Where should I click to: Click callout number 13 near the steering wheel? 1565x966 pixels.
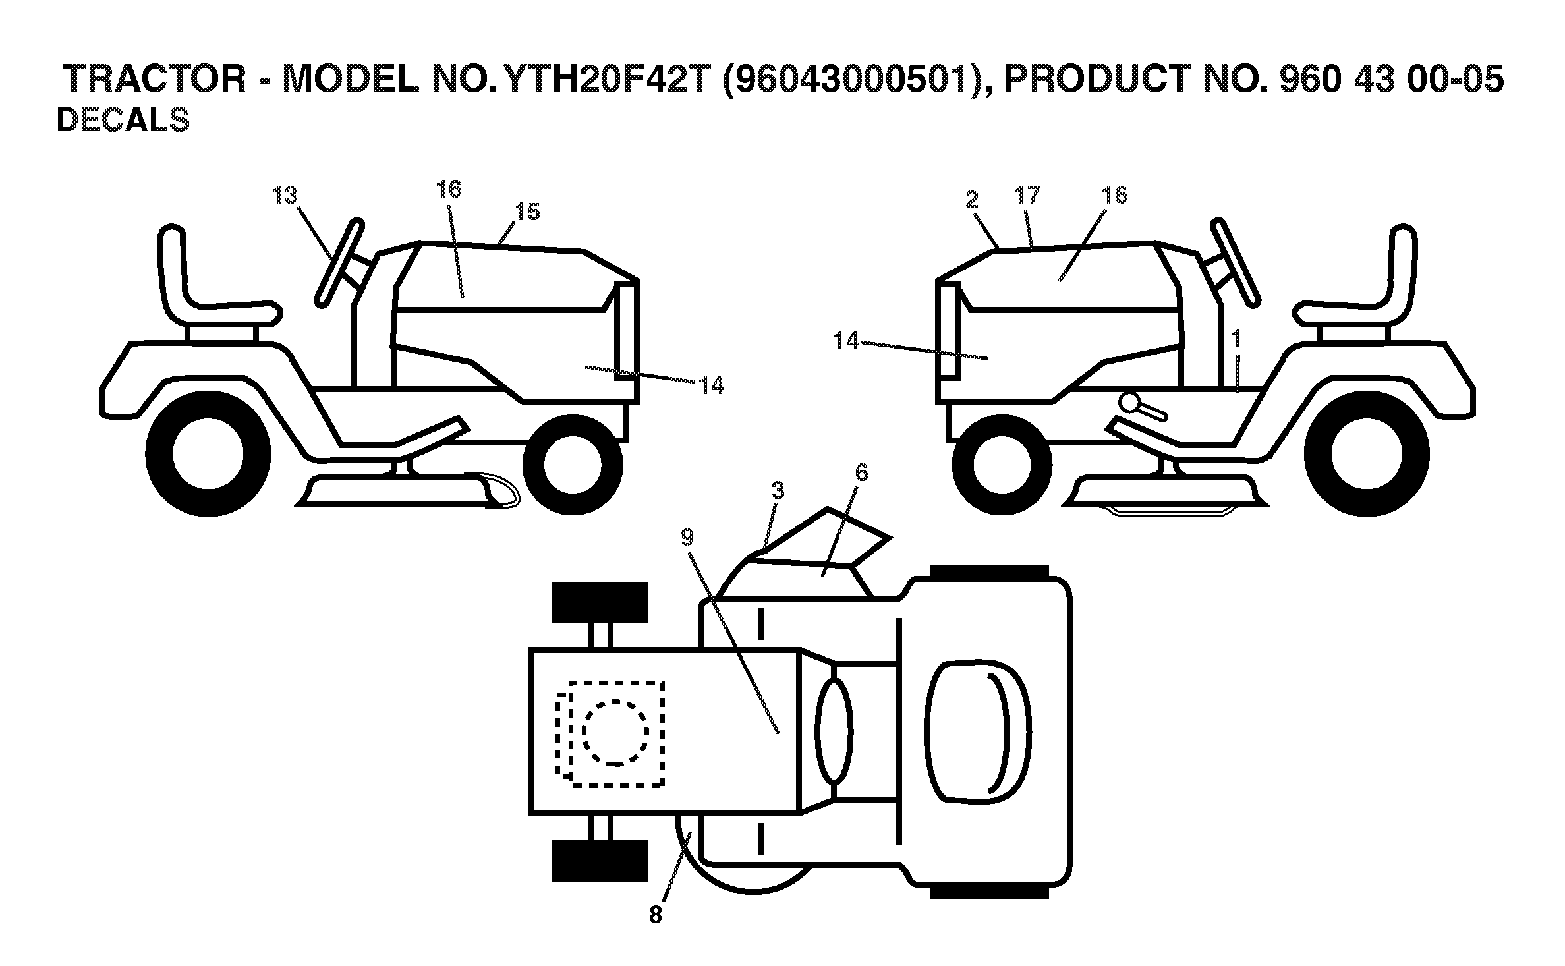[285, 196]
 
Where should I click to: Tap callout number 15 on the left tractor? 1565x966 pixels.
[527, 212]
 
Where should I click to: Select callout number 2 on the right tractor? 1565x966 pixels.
[973, 200]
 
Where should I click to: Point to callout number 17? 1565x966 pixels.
[1027, 195]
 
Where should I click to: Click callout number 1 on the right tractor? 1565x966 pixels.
[1236, 339]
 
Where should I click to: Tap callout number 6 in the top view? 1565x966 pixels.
[862, 472]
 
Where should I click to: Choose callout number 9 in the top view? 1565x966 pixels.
[687, 538]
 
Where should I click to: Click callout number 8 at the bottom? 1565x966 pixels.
[655, 915]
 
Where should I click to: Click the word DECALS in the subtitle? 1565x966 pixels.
[123, 121]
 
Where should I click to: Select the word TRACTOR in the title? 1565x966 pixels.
[156, 80]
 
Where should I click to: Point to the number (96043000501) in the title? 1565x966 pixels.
[849, 80]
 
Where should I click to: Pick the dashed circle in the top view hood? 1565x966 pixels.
[615, 732]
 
